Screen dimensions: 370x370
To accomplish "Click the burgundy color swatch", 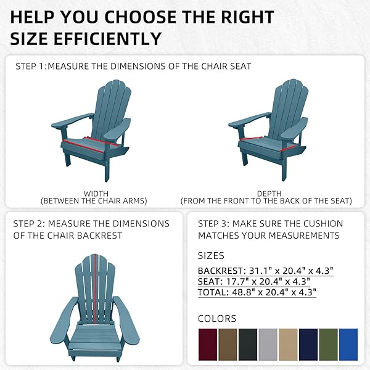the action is [208, 344].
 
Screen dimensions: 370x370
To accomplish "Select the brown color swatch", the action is [228, 344].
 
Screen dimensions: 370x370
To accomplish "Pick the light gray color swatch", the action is [268, 344].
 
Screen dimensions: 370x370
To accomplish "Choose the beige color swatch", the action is [288, 344].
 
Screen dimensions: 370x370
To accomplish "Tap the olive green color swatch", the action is [328, 344].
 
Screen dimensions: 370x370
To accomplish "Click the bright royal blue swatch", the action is [348, 344].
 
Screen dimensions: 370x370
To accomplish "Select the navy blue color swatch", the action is [308, 344].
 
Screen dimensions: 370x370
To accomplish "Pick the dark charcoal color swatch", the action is [248, 344].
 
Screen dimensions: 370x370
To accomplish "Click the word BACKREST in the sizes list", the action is [220, 271].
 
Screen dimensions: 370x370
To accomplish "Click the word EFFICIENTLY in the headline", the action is [107, 39].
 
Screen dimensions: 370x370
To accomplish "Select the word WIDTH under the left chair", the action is [96, 194].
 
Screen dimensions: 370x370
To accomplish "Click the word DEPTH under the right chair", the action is [269, 194].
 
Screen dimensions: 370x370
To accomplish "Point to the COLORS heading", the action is [217, 319].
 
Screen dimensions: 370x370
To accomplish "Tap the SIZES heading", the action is [211, 256].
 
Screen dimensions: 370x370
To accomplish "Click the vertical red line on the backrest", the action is [95, 289].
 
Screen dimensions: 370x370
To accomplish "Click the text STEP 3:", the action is [213, 224].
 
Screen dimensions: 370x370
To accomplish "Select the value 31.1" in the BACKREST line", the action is [260, 271].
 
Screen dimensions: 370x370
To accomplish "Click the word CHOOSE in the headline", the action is [141, 17].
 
